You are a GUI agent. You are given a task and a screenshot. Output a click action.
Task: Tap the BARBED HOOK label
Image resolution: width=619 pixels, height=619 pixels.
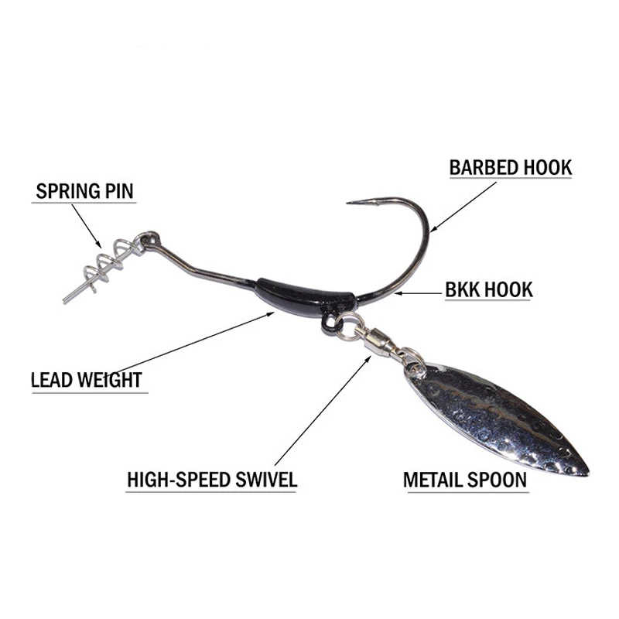510,167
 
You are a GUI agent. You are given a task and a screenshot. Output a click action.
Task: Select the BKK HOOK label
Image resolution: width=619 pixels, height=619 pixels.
488,290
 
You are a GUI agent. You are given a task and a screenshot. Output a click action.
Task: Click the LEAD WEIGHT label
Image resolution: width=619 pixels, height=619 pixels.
86,380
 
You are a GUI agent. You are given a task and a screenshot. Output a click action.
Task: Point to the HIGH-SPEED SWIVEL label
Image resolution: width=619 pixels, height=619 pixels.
211,479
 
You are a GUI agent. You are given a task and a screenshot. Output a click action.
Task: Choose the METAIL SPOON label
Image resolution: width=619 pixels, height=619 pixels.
464,479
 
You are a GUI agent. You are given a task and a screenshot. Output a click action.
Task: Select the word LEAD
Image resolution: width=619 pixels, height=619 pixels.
52,380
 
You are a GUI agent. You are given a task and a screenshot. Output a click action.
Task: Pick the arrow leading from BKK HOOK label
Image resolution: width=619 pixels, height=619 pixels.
418,292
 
